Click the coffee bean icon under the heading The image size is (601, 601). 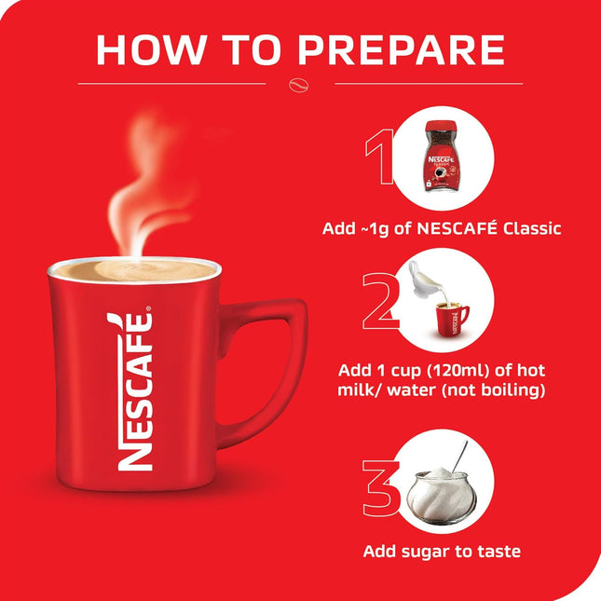300,83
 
